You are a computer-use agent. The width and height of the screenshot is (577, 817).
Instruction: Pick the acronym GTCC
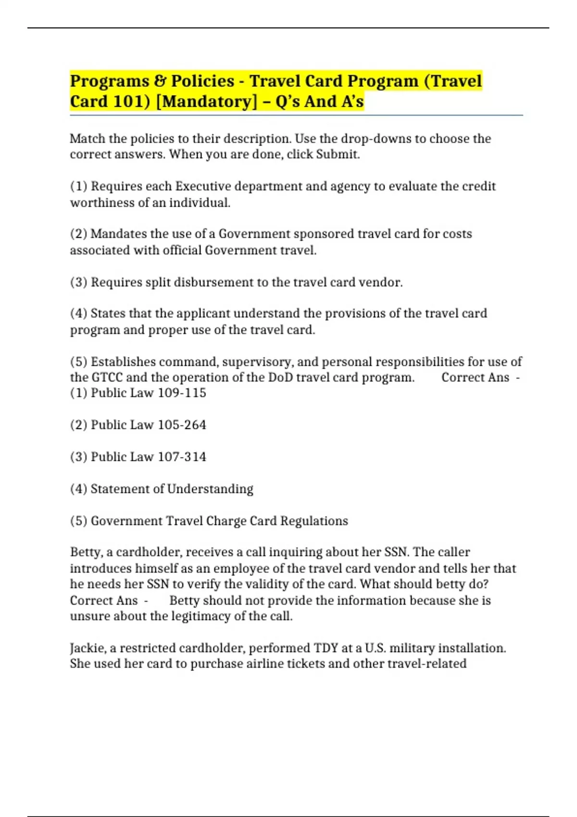pyautogui.click(x=107, y=377)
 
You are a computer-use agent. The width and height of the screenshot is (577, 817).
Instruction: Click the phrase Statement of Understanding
pyautogui.click(x=172, y=489)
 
